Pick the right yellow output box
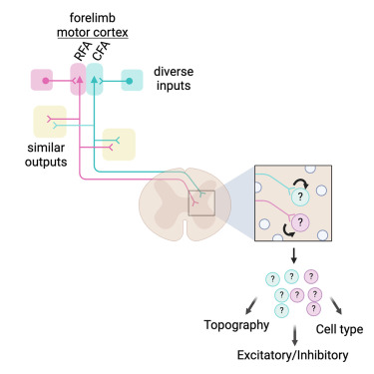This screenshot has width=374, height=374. tap(119, 143)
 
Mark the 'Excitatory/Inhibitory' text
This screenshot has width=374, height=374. tap(292, 355)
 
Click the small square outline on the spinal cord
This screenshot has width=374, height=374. tap(201, 203)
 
